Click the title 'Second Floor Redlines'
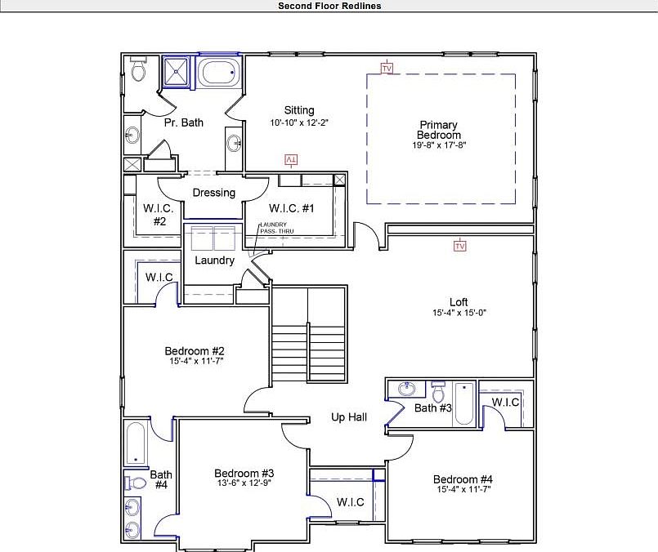pyautogui.click(x=329, y=6)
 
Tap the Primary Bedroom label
pyautogui.click(x=438, y=130)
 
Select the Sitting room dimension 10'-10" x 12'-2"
pyautogui.click(x=299, y=122)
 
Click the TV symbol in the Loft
pyautogui.click(x=459, y=246)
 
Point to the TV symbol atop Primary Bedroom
pyautogui.click(x=387, y=68)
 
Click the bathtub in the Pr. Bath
pyautogui.click(x=221, y=73)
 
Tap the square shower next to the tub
pyautogui.click(x=175, y=72)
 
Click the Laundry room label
pyautogui.click(x=215, y=260)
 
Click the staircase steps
pyautogui.click(x=289, y=348)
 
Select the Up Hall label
pyautogui.click(x=349, y=417)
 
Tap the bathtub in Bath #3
pyautogui.click(x=463, y=403)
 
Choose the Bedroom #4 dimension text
pyautogui.click(x=463, y=490)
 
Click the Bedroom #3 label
pyautogui.click(x=244, y=473)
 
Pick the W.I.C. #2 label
pyautogui.click(x=159, y=214)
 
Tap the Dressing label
pyautogui.click(x=214, y=193)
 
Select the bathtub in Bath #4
pyautogui.click(x=136, y=443)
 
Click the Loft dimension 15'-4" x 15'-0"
pyautogui.click(x=459, y=313)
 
